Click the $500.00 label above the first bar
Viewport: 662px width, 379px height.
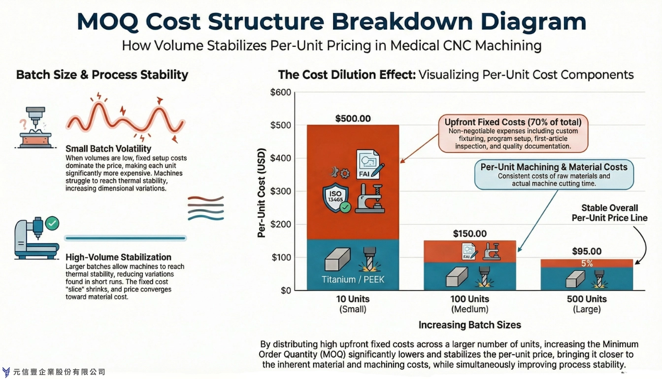click(x=353, y=118)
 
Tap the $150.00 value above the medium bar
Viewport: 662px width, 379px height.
click(x=469, y=233)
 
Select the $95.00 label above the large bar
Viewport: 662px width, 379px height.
click(x=586, y=251)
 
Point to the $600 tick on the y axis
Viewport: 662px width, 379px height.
click(x=281, y=92)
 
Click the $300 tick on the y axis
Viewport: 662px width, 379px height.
click(x=281, y=191)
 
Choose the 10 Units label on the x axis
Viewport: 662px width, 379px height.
click(x=353, y=299)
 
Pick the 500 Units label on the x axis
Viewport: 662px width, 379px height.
click(x=586, y=299)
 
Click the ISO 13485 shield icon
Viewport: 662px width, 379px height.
click(x=334, y=198)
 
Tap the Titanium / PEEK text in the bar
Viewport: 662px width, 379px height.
click(x=353, y=279)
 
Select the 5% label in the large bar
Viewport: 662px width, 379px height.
click(x=587, y=264)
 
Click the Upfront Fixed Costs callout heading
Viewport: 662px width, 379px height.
click(x=513, y=122)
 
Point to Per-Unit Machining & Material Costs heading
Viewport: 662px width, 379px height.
click(x=554, y=167)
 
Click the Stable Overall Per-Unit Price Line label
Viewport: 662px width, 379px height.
click(x=609, y=213)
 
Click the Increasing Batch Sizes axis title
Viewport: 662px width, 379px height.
click(x=469, y=325)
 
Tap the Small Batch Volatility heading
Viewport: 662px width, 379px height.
click(x=108, y=149)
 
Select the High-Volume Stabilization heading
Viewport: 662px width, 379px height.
click(x=118, y=257)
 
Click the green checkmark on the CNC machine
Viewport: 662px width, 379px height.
click(x=52, y=224)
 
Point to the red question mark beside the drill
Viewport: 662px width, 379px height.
click(x=22, y=123)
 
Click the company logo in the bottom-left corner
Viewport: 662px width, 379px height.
click(x=6, y=372)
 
